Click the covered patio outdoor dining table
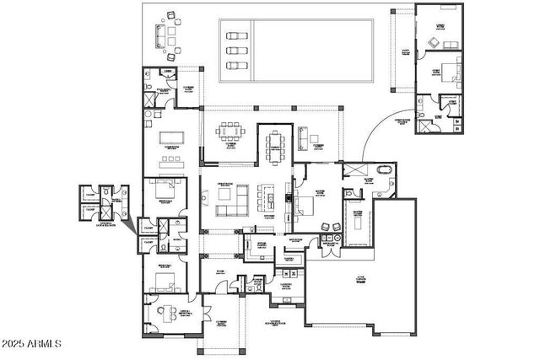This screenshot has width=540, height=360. pyautogui.click(x=230, y=132)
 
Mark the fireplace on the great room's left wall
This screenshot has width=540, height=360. pyautogui.click(x=202, y=198)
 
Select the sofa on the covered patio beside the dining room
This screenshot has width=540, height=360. pyautogui.click(x=303, y=137)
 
